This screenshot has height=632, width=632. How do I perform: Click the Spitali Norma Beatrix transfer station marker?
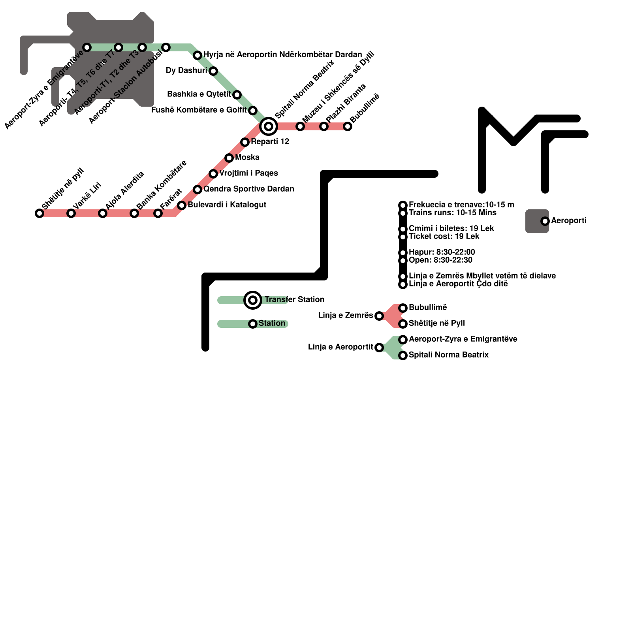click(269, 126)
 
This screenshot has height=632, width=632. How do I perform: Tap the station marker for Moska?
click(229, 158)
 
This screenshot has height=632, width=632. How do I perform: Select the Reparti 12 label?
click(270, 141)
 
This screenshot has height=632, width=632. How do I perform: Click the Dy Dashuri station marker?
click(213, 71)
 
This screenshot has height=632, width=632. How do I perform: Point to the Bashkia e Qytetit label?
click(199, 94)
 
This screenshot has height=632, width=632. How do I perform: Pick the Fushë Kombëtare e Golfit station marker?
click(253, 111)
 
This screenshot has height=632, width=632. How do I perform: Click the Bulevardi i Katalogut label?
click(227, 205)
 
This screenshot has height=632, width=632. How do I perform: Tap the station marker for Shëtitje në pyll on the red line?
click(39, 213)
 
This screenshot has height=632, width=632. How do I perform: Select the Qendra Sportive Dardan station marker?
click(197, 190)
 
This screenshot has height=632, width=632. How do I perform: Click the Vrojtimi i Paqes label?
click(249, 173)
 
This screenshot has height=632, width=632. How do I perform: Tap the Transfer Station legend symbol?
click(253, 300)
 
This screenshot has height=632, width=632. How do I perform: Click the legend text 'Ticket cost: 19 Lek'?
click(444, 236)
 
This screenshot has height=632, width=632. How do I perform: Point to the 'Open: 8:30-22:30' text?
click(440, 260)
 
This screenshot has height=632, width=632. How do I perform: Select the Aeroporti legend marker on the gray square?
click(545, 221)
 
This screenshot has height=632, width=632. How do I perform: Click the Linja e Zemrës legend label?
click(346, 315)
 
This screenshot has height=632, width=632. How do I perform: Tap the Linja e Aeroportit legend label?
click(340, 347)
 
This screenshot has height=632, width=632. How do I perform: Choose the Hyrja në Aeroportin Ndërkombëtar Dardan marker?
click(197, 55)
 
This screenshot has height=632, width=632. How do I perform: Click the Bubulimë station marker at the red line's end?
click(348, 126)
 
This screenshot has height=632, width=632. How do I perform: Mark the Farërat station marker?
click(158, 213)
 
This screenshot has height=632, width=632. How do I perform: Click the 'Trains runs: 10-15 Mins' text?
click(453, 213)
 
